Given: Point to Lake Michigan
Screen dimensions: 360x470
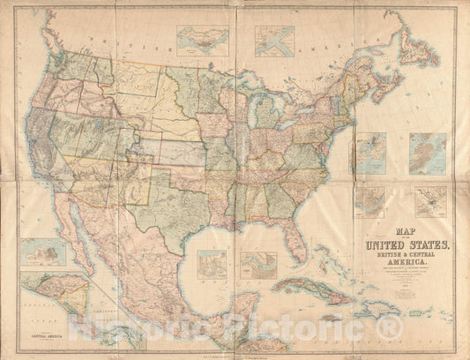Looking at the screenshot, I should click(x=250, y=116).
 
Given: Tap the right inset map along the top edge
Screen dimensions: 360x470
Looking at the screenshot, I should click(x=274, y=41).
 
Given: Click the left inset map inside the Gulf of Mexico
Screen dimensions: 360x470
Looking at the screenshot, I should click(x=213, y=264).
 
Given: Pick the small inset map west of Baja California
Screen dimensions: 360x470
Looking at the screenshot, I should click(x=43, y=252).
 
